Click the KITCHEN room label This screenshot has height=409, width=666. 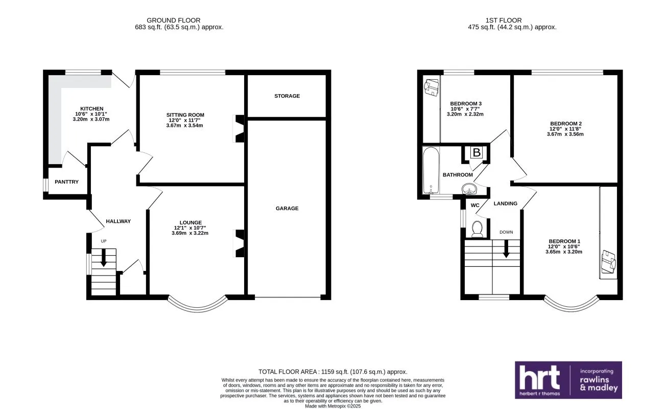coord(92,108)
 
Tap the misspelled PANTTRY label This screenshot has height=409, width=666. coord(67,181)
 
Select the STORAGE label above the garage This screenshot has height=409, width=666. coord(287,96)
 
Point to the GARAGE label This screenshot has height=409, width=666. coord(287,208)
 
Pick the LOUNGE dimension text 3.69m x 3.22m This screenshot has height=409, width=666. coord(190,233)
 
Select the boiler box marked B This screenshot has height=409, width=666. coord(476,152)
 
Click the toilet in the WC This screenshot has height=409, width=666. coord(478,229)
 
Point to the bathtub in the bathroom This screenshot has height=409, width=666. coord(431,171)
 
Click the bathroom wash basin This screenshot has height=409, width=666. coord(468,189)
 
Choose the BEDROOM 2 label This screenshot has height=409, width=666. coord(566,123)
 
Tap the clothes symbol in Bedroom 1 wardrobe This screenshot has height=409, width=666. coord(608,261)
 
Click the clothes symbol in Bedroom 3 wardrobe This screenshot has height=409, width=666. coord(432,86)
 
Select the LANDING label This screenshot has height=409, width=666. coord(505,203)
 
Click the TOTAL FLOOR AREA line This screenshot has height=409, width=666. coord(333,372)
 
